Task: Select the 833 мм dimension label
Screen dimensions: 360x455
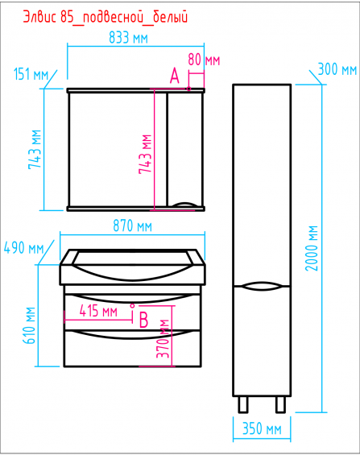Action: click(x=129, y=38)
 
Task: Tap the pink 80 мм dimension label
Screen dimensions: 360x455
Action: click(x=204, y=60)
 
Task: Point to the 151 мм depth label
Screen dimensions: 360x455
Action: click(x=31, y=74)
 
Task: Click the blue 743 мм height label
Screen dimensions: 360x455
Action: click(x=35, y=150)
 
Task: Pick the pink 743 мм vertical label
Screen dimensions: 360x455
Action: click(x=145, y=155)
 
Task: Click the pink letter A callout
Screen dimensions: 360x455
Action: click(x=175, y=76)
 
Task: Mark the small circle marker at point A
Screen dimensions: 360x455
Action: click(x=188, y=89)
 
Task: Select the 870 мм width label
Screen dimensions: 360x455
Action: click(x=133, y=225)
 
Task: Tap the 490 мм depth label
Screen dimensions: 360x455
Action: click(x=24, y=248)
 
